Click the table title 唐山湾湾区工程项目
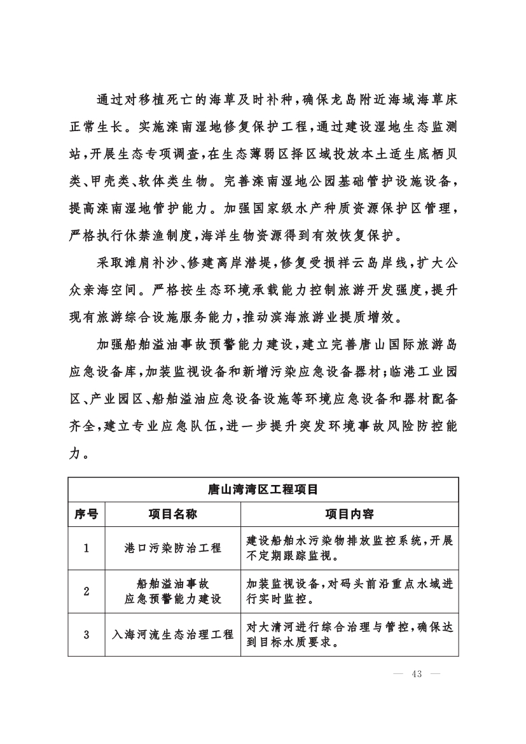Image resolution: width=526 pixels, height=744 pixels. coord(263,489)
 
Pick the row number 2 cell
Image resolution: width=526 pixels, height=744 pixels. coord(87,591)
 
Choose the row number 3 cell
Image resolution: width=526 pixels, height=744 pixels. coord(87,635)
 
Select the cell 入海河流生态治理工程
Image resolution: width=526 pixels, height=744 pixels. coord(173,635)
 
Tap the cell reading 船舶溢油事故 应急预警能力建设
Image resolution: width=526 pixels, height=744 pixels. coord(173,591)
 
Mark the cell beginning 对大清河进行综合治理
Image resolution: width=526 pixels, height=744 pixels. coord(349,635)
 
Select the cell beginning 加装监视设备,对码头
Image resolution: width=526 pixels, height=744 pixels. coord(349,591)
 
